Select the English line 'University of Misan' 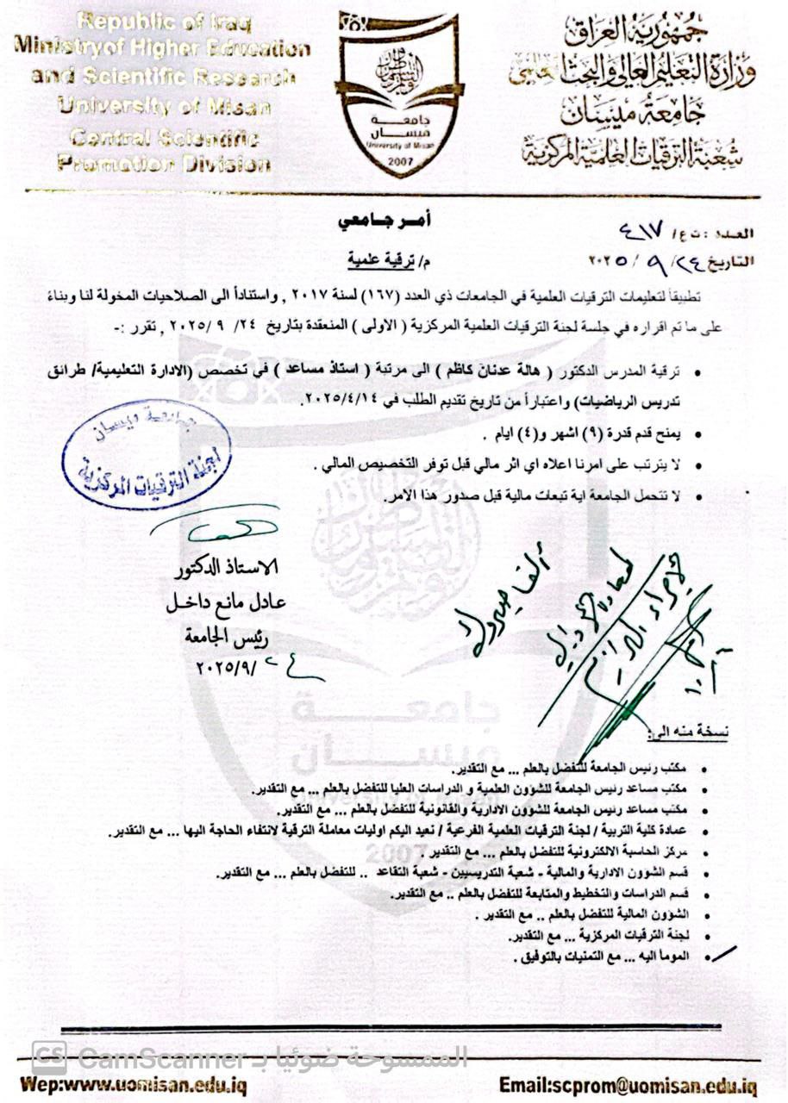coord(164,108)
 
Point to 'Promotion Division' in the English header coord(164,164)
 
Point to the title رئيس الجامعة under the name coord(227,636)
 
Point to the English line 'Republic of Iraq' coord(164,21)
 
